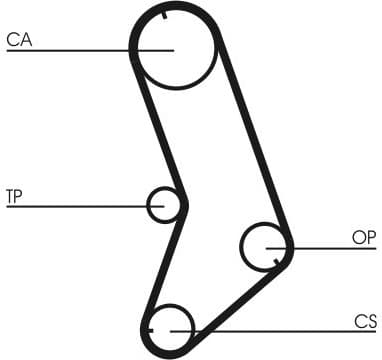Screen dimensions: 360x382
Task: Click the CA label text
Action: tap(19, 41)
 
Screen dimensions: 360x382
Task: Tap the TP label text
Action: tap(14, 195)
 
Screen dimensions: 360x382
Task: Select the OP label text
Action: tap(364, 237)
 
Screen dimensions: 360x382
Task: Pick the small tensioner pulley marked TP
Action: tap(166, 205)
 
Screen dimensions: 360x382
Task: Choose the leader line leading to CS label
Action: tap(280, 330)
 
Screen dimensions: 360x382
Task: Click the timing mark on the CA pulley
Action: tap(162, 14)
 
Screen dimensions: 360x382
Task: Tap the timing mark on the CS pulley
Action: tap(148, 327)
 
